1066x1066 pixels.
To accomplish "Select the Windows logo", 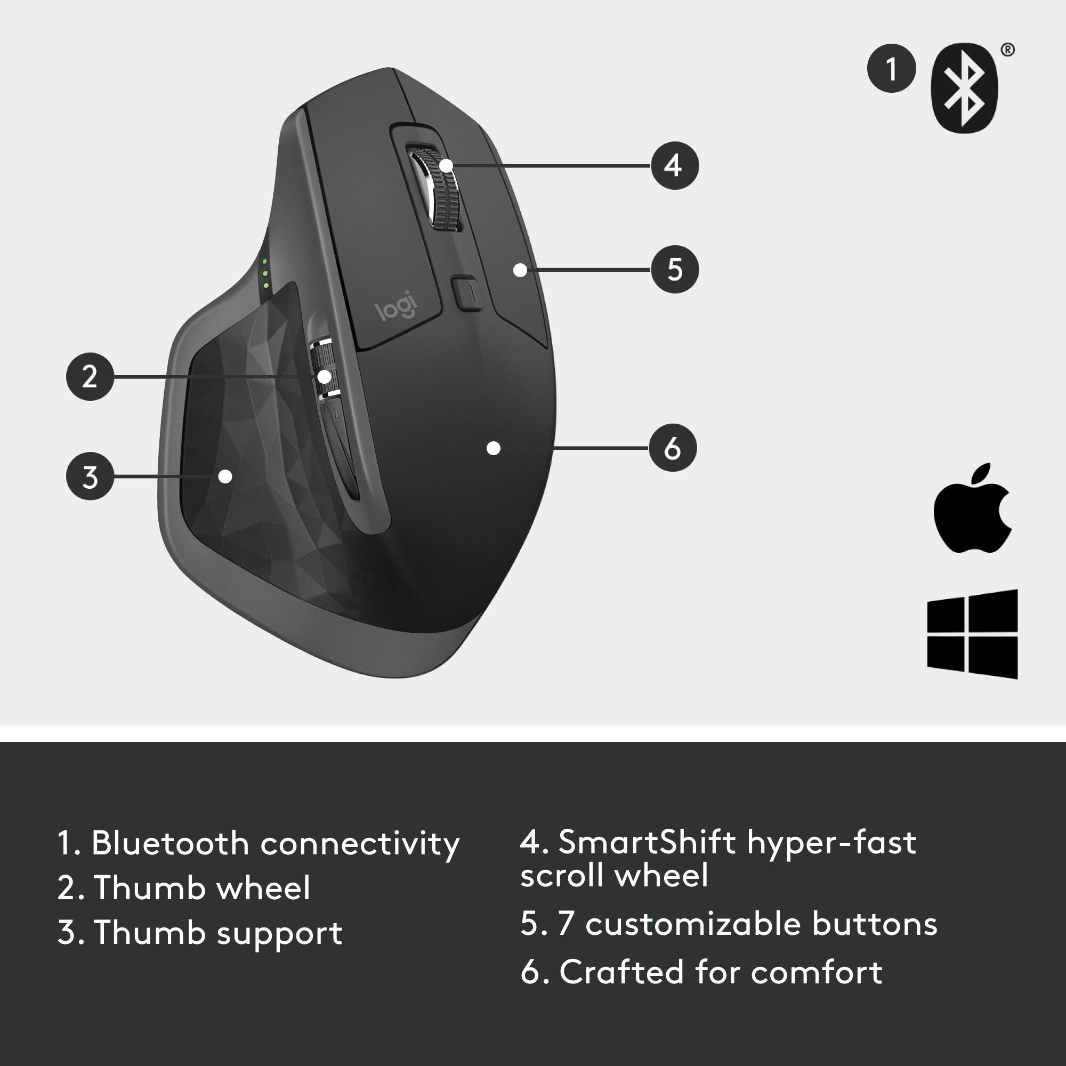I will (972, 634).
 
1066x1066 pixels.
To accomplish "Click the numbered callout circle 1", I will (891, 68).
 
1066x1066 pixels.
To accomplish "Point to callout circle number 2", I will (90, 376).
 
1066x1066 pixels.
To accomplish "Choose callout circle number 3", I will (90, 476).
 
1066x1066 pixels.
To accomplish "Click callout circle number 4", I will (674, 166).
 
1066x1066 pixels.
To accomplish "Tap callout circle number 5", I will (674, 269).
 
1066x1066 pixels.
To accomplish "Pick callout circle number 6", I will (672, 448).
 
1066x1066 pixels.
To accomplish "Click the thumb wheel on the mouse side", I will (324, 370).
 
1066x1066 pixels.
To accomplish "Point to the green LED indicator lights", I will (265, 273).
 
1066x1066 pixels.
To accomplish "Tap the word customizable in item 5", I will (692, 924).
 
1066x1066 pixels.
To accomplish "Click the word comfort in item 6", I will (816, 972).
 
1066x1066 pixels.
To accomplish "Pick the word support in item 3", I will (279, 934).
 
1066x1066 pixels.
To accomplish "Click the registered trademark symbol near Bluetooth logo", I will (1007, 50).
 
